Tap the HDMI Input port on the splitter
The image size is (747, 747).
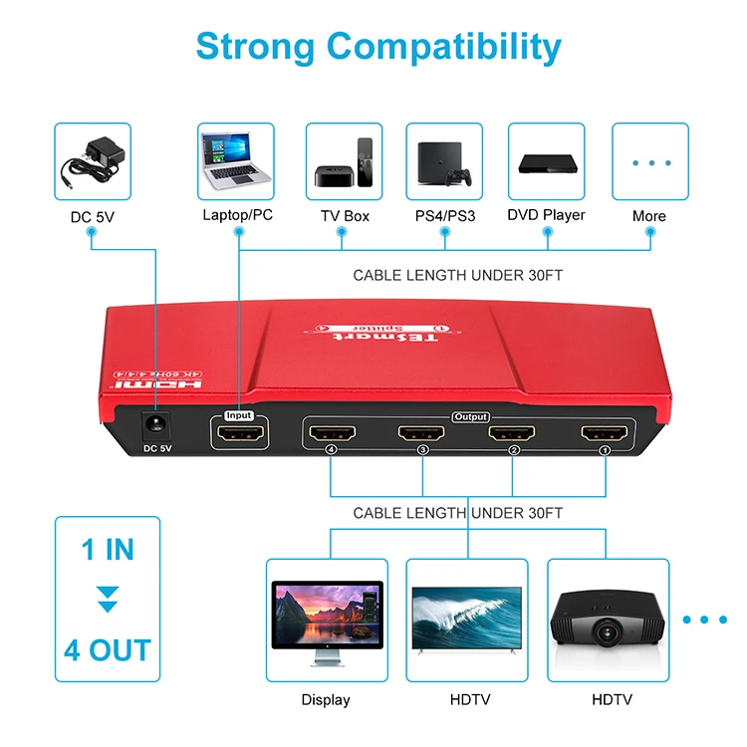coord(239,435)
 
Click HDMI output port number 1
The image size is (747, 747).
coord(604,434)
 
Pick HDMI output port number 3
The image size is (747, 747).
coord(421,434)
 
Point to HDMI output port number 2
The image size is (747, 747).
coord(512,434)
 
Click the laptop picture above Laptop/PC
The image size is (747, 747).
coord(238,159)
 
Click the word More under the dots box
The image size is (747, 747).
coord(649,216)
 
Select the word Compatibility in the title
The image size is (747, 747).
coord(444,47)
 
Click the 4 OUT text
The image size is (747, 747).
coord(108,650)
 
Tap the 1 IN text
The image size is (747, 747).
coord(107,549)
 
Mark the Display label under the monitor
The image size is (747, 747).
coord(326,700)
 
